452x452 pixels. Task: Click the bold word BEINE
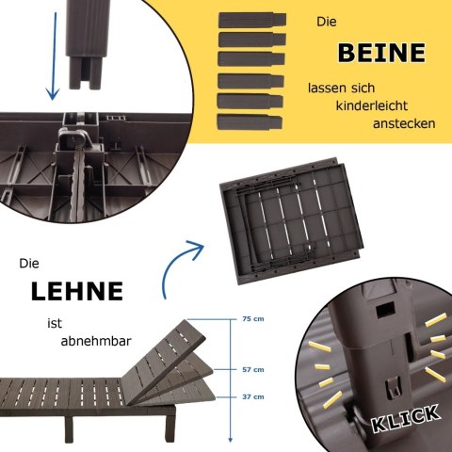click(x=381, y=53)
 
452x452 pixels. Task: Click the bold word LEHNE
click(x=77, y=291)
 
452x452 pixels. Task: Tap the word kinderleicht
click(x=371, y=105)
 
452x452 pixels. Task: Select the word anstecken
click(x=404, y=123)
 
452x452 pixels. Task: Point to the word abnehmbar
click(x=96, y=341)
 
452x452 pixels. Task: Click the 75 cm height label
click(x=253, y=319)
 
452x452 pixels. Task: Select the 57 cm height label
click(x=253, y=370)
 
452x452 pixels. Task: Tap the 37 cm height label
click(x=253, y=396)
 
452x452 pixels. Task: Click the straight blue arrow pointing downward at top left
click(x=54, y=56)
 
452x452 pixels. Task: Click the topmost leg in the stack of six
click(x=252, y=20)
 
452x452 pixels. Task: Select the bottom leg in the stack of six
click(x=250, y=121)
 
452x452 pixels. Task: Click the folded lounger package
click(x=291, y=221)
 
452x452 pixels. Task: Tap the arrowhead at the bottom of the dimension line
click(x=231, y=439)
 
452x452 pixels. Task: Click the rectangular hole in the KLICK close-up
click(x=385, y=311)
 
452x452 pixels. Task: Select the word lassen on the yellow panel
click(x=326, y=88)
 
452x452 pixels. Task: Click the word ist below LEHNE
click(x=55, y=323)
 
